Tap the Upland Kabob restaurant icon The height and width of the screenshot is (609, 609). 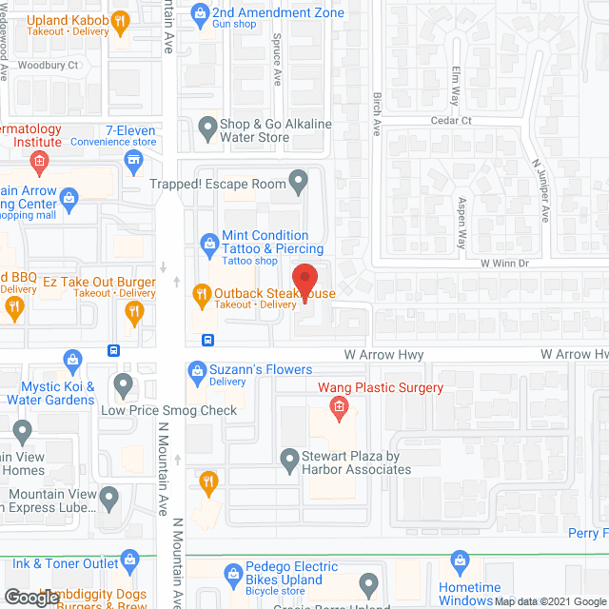120,19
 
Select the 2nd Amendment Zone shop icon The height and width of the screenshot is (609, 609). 200,13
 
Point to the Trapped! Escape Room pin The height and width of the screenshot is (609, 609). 299,179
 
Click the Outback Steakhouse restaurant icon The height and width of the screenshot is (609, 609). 200,294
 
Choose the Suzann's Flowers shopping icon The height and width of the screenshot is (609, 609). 197,369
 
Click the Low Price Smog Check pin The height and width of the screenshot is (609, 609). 123,384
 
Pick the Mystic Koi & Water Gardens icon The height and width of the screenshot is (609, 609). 72,360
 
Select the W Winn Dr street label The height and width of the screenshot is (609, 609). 503,263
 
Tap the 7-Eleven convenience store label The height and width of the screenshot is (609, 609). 130,129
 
